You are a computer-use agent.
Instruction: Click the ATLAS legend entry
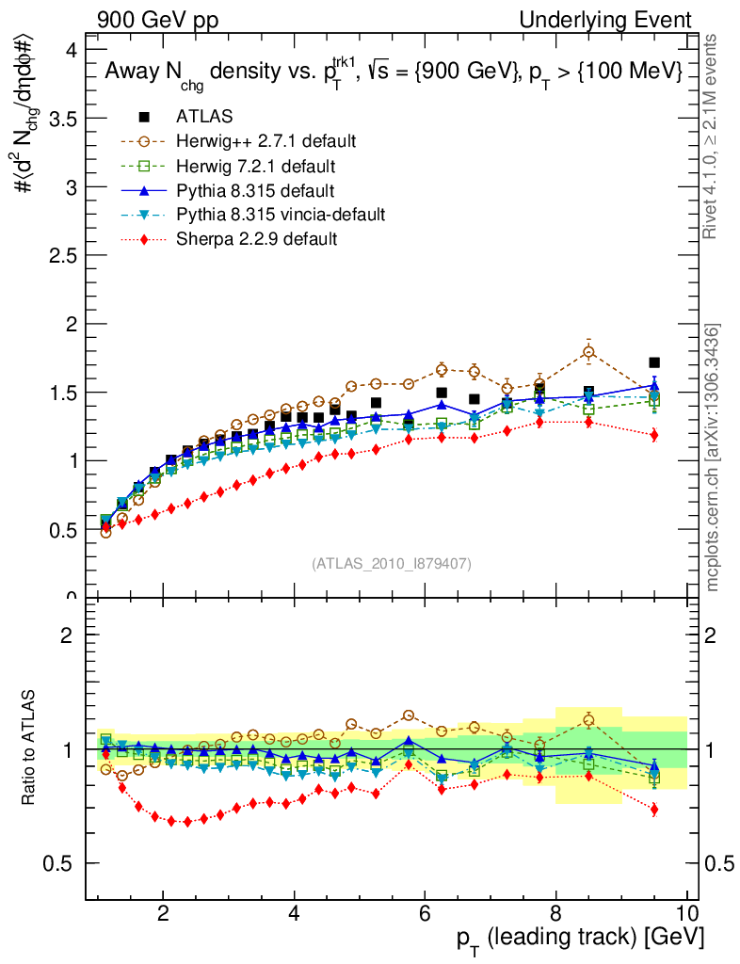pos(204,117)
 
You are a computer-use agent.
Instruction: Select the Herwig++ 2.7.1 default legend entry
pos(265,141)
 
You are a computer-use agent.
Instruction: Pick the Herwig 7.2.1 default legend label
pos(256,166)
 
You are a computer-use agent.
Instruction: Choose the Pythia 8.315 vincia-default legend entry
pos(280,215)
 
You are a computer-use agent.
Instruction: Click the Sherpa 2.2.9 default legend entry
pos(256,239)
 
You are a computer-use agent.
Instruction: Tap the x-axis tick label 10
pos(686,913)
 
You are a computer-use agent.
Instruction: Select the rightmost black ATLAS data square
pos(654,362)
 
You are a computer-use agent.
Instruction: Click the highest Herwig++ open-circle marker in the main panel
pos(588,353)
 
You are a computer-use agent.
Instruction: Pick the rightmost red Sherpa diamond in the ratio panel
pos(654,810)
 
